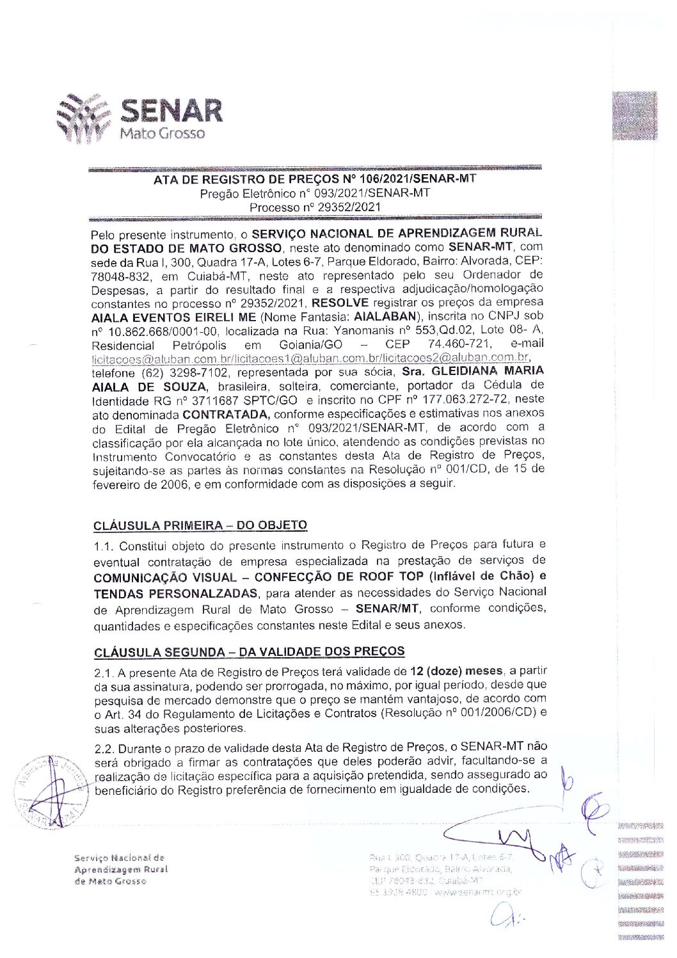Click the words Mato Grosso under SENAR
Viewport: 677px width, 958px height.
[x=163, y=134]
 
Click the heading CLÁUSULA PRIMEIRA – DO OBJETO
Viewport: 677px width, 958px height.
[x=200, y=526]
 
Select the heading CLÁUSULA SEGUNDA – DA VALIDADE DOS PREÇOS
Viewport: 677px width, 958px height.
[x=250, y=652]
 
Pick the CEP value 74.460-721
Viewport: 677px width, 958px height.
[x=460, y=345]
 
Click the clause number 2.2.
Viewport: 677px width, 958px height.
[x=104, y=748]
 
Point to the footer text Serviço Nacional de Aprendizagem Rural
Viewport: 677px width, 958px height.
[x=120, y=864]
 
